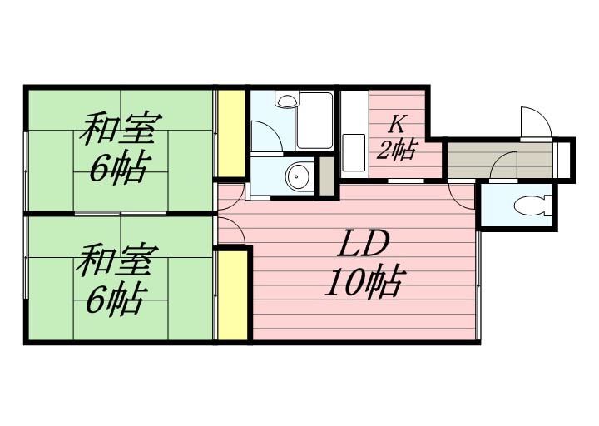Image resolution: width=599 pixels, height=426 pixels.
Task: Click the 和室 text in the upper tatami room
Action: click(121, 129)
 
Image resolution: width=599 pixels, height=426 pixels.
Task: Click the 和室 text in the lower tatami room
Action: click(117, 261)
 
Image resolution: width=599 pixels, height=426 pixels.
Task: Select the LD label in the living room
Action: click(363, 245)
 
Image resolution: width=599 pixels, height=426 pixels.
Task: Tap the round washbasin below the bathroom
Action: click(298, 176)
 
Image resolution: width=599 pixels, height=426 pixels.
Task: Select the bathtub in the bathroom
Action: click(314, 121)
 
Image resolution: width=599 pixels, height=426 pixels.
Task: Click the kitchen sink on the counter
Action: click(354, 147)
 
